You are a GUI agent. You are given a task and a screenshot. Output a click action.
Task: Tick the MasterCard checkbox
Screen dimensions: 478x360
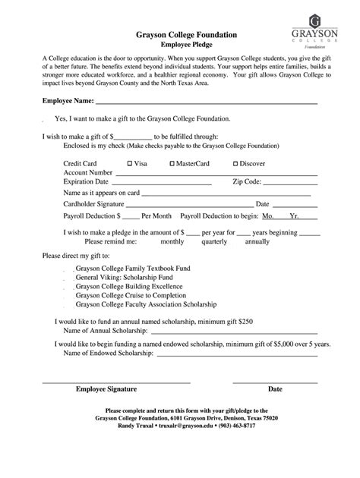(172, 163)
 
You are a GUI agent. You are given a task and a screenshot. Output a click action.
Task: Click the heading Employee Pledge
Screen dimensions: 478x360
(180, 46)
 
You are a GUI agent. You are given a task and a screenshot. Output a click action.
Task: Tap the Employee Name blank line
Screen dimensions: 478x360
(216, 102)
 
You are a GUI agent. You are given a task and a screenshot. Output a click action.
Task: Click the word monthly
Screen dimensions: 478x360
(172, 241)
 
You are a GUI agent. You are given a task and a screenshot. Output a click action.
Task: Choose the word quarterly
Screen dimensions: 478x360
(214, 241)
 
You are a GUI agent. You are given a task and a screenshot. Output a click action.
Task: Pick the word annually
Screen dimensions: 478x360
(257, 241)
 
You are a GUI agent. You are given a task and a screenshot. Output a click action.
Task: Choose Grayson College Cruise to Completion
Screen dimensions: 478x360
(130, 295)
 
